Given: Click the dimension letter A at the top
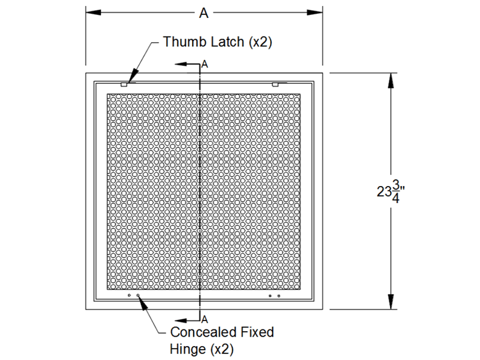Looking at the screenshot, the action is point(204,13).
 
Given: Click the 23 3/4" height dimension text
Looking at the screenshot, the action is point(391,191).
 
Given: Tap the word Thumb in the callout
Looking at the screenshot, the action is point(182,41).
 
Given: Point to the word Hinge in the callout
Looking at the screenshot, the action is point(188,349).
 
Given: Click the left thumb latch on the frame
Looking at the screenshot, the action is point(124,84).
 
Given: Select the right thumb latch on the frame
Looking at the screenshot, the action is point(275,84).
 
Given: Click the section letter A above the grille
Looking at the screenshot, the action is point(205,64).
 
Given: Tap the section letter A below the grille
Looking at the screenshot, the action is point(205,320).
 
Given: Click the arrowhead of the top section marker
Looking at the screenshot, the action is point(181,64).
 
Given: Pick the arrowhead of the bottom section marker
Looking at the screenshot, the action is point(181,320).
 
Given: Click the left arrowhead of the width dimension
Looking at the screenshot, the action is point(94,13).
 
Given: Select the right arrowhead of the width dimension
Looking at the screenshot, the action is point(315,13).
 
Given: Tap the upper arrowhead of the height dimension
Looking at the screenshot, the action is point(391,80).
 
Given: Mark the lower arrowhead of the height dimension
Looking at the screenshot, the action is point(391,302).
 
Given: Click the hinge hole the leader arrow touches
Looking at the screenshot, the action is point(138,295).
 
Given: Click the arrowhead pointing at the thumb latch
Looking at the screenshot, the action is point(133,77).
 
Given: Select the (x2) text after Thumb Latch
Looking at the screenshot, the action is point(260,42).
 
